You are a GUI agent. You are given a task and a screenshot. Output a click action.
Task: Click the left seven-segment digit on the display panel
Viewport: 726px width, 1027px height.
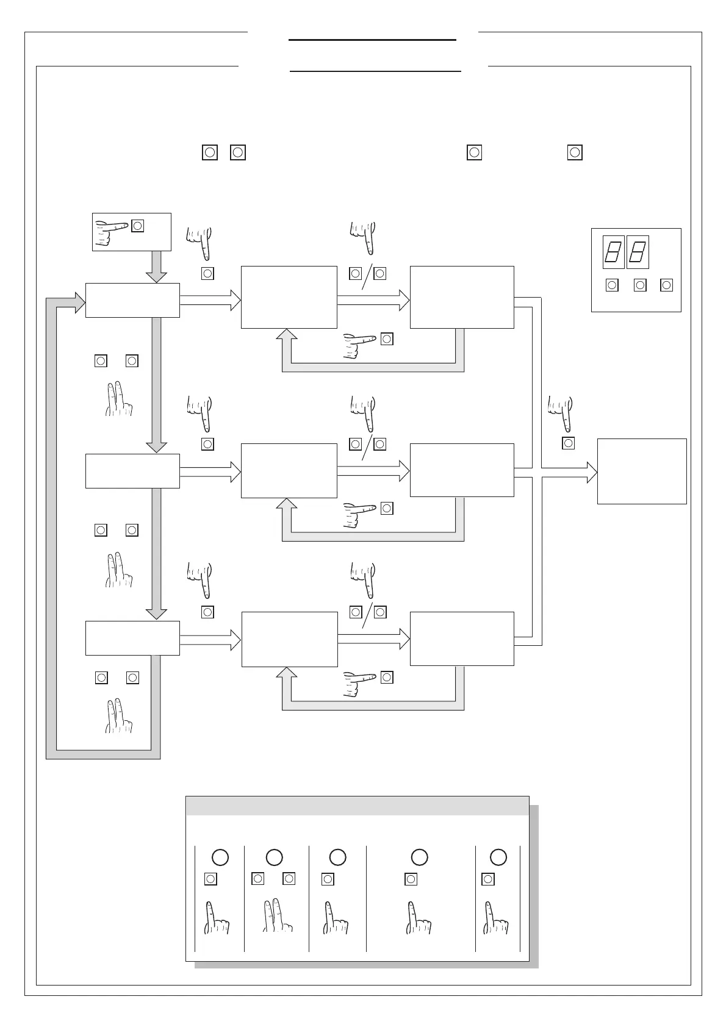[613, 252]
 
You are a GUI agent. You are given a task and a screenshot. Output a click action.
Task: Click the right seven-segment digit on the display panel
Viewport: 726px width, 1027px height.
[638, 252]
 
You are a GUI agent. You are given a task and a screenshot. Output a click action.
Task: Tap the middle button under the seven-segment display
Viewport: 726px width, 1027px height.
[640, 285]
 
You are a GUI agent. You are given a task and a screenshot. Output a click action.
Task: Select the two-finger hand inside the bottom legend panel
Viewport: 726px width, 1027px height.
[276, 916]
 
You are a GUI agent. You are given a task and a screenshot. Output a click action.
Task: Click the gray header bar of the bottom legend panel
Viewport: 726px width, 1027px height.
[357, 806]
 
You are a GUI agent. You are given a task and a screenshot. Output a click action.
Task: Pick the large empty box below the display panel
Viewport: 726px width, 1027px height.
[642, 471]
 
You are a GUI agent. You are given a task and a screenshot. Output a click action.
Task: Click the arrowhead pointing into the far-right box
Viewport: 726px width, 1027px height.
[592, 473]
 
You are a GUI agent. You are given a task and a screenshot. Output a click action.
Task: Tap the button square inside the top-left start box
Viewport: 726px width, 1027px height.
[138, 226]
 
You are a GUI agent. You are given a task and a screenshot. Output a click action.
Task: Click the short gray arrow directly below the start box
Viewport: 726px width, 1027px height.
[157, 267]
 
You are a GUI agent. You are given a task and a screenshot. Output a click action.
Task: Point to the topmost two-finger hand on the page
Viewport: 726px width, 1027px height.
[118, 399]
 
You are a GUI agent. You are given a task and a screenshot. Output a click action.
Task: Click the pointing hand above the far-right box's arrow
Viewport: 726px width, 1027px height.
[561, 413]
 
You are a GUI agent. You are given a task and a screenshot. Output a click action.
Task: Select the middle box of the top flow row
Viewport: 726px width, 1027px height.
[289, 297]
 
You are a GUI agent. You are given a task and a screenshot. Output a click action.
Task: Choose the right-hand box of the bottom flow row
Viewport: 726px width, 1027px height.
[462, 639]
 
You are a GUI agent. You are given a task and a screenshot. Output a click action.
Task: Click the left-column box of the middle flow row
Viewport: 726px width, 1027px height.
[132, 471]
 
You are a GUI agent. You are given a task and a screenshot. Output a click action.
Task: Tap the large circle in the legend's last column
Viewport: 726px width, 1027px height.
[498, 857]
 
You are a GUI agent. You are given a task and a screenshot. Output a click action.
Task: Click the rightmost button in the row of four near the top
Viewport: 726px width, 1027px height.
[575, 152]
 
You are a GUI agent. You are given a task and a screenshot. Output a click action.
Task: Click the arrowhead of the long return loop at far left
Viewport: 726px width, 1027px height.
[80, 302]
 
